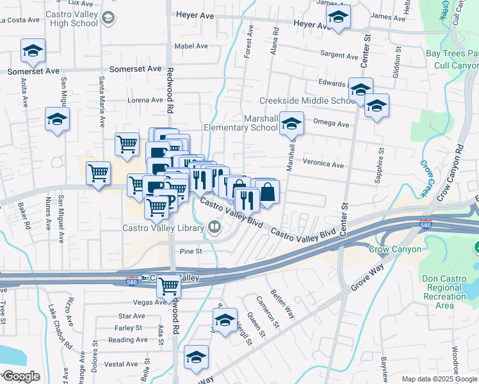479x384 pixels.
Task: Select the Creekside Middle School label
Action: [x=307, y=101]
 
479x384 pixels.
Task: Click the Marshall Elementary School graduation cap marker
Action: [x=292, y=123]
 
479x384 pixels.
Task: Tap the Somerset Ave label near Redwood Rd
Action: [x=136, y=68]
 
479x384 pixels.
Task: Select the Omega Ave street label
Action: [x=331, y=124]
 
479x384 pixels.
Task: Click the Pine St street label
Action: [x=191, y=252]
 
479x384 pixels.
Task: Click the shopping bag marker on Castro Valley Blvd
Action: [x=268, y=192]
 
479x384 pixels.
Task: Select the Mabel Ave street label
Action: [x=191, y=46]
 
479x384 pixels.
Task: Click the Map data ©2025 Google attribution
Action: [x=439, y=379]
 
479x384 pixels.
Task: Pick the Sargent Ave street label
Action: [x=339, y=56]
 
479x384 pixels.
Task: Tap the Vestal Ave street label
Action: [x=122, y=364]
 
